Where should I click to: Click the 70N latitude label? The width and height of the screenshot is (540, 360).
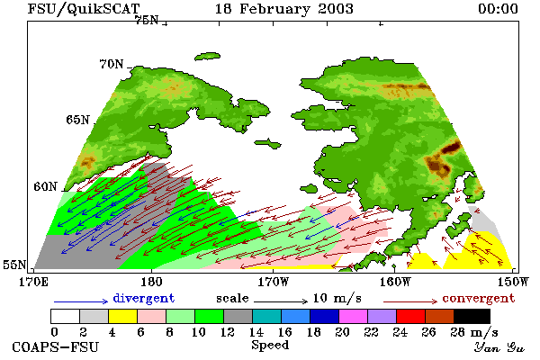(112, 64)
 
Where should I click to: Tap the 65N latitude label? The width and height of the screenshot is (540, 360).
(77, 120)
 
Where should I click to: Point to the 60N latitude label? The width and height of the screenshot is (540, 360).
(45, 186)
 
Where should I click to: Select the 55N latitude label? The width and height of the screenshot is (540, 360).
(14, 265)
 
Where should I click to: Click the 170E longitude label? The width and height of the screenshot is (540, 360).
(33, 282)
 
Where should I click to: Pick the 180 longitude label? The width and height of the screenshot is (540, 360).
(151, 282)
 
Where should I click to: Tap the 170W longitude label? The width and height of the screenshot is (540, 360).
(273, 282)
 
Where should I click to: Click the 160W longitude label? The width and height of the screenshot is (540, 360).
(395, 282)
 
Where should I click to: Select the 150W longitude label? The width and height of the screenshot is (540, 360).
(513, 282)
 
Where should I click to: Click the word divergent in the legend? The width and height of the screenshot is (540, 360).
(144, 298)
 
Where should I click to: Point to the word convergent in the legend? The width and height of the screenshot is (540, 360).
(479, 298)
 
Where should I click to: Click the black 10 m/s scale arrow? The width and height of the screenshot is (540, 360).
(280, 301)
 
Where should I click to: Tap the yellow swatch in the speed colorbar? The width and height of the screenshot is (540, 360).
(122, 316)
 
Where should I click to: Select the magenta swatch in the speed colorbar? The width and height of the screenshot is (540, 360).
(354, 316)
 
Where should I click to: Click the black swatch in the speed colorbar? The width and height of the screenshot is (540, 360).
(472, 316)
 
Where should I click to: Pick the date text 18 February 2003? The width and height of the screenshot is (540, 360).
(284, 9)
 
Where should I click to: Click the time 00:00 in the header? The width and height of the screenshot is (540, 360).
(498, 9)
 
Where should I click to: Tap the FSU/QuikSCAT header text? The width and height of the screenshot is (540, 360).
(84, 9)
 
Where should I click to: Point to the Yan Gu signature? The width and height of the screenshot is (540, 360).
(499, 346)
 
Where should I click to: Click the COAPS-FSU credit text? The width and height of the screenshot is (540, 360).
(55, 346)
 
